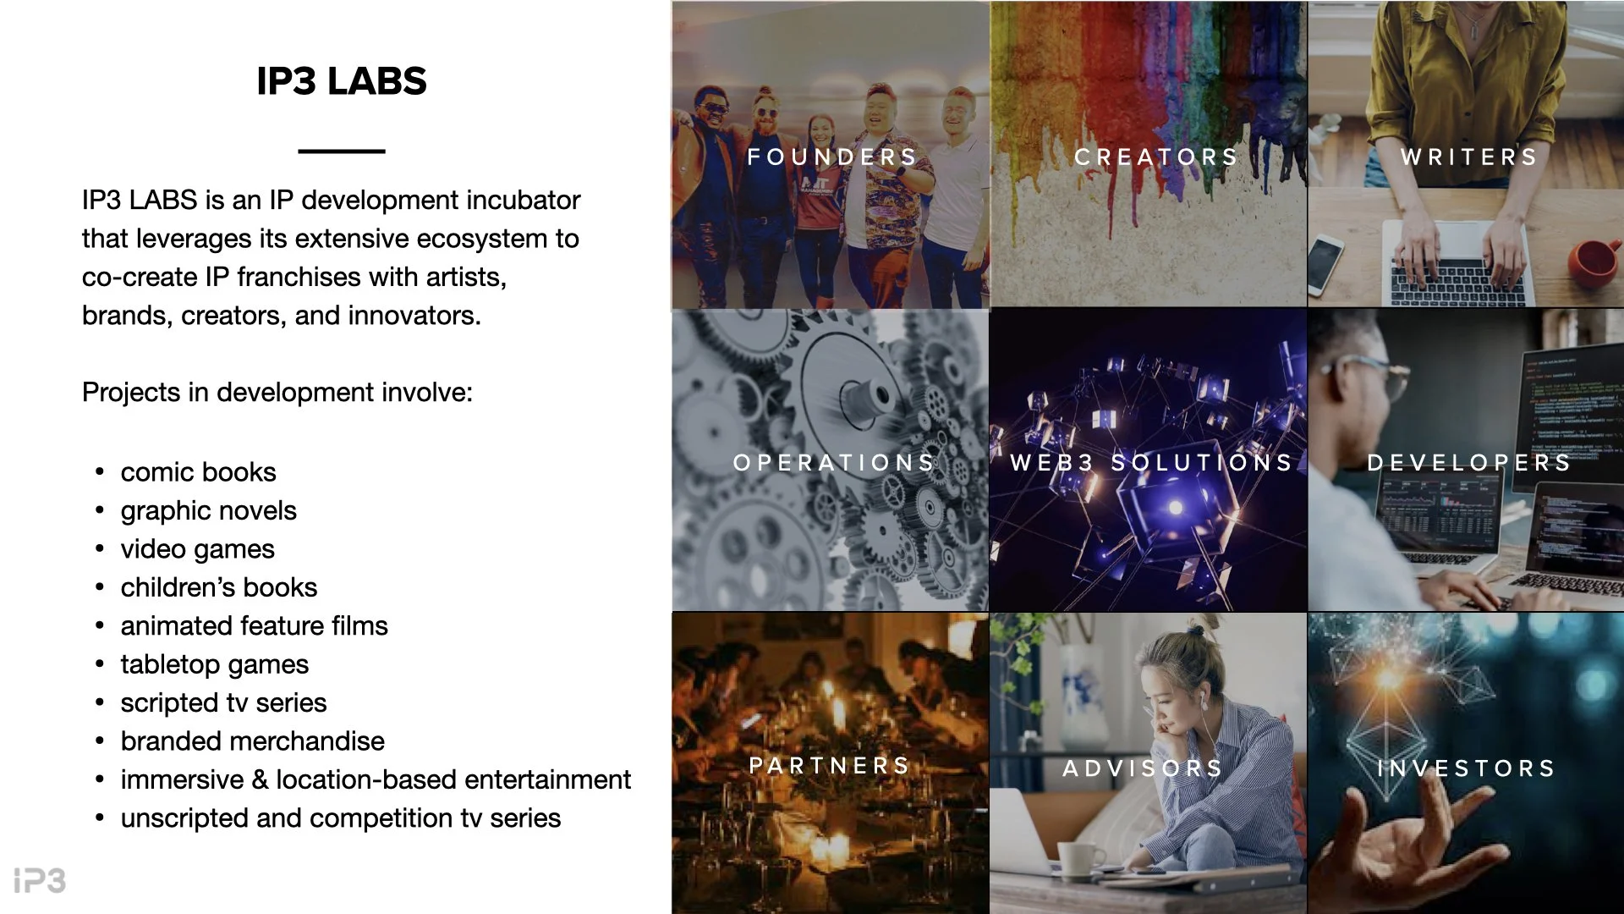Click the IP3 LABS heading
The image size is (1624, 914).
click(341, 81)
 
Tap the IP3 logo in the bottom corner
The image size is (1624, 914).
click(40, 880)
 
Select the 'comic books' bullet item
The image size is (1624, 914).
click(198, 472)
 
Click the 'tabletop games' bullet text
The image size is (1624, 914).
click(214, 664)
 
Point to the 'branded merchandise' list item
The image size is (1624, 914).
click(252, 741)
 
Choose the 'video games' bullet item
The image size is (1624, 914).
click(197, 549)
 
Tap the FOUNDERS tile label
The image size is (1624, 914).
click(832, 157)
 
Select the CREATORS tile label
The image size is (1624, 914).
click(1156, 157)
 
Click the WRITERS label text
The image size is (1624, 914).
click(1469, 157)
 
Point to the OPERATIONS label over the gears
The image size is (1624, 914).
click(834, 463)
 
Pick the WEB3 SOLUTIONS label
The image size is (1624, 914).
click(1152, 463)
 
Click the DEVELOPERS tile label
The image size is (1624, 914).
click(1469, 463)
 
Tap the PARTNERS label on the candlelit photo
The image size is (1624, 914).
click(830, 766)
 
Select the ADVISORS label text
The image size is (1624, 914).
click(1143, 768)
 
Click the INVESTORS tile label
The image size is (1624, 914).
click(1467, 768)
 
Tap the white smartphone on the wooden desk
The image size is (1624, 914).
click(1325, 263)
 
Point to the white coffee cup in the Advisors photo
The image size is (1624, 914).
click(1080, 859)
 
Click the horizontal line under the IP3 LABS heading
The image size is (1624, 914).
click(341, 151)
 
